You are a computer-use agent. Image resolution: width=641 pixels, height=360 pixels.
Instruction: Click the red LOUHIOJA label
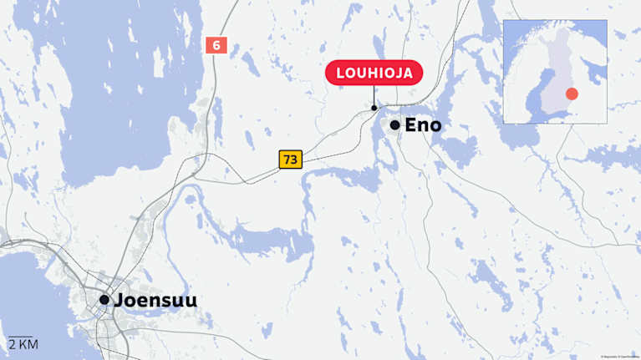click(374, 73)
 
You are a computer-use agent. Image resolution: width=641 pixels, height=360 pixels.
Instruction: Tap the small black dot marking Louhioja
click(374, 108)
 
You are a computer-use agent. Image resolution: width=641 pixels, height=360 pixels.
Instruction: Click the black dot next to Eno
click(394, 125)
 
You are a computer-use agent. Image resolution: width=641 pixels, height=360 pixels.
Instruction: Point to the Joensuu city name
click(155, 300)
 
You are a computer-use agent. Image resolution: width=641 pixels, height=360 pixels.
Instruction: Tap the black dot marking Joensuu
click(104, 299)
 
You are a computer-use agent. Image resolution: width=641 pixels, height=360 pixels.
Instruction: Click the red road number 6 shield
click(216, 45)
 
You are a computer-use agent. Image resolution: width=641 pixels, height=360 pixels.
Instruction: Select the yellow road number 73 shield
click(290, 159)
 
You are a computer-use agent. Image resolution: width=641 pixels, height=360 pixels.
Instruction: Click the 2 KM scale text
click(23, 344)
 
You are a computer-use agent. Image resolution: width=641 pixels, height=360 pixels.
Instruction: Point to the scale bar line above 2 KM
click(20, 337)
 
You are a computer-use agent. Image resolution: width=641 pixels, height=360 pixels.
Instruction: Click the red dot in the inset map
click(572, 94)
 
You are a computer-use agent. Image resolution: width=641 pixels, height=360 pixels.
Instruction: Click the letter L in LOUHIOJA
click(340, 73)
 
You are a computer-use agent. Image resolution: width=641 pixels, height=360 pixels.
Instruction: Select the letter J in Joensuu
click(117, 300)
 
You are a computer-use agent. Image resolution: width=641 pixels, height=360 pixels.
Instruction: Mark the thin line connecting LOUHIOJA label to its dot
click(374, 95)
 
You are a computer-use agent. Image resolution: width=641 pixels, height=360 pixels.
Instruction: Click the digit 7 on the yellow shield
click(287, 159)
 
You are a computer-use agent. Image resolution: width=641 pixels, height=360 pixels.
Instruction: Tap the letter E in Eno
click(410, 125)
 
